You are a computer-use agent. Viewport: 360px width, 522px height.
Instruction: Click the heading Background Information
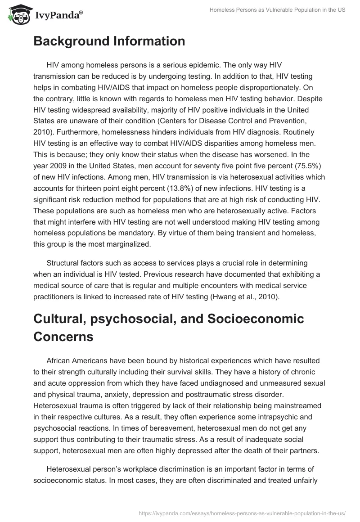[109, 41]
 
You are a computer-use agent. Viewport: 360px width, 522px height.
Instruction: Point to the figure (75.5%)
[308, 165]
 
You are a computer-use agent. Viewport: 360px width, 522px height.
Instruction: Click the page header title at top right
[277, 10]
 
